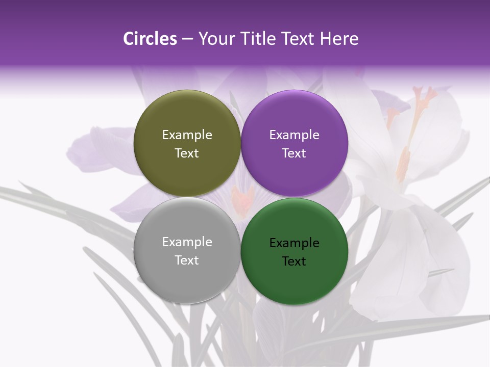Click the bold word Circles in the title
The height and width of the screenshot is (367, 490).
click(150, 39)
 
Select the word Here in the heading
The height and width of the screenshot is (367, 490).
click(339, 39)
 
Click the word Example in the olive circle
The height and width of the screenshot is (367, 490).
click(187, 135)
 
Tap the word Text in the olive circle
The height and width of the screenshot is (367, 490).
click(187, 153)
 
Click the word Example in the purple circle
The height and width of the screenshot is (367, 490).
click(294, 135)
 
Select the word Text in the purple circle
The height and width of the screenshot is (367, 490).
click(294, 153)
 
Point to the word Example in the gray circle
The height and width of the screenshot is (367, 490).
click(187, 242)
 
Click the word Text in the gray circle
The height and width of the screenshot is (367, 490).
click(187, 260)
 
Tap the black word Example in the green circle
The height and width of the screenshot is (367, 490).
click(294, 243)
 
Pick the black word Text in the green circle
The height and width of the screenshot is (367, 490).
click(294, 261)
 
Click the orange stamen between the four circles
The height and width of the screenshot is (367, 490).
click(241, 198)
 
